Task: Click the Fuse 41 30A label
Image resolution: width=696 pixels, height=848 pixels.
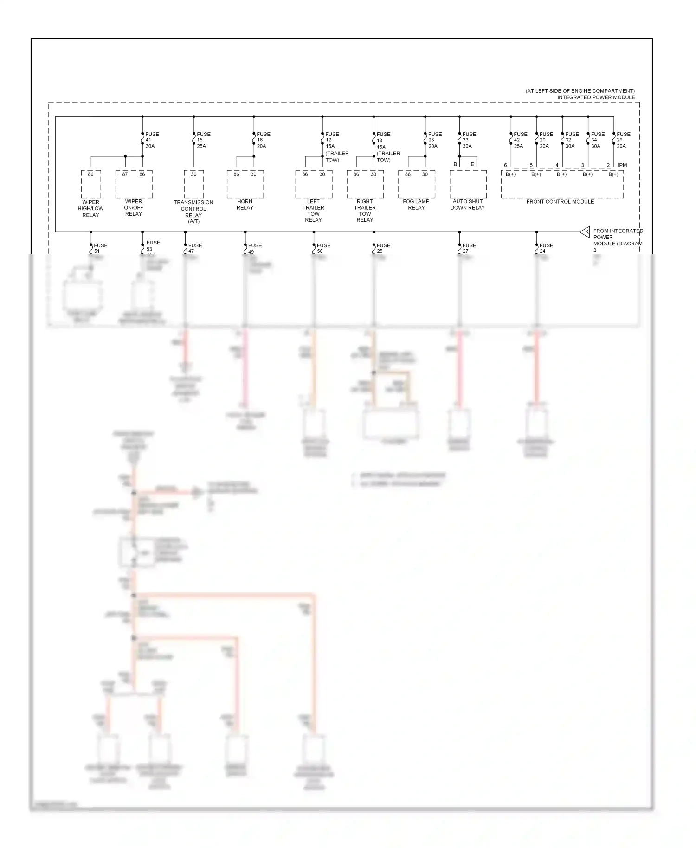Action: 152,140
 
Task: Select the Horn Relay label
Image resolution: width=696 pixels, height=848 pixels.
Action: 245,205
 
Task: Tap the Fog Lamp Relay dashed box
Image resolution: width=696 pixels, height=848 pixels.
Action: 416,184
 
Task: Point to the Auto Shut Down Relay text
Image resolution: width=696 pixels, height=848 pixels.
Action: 468,205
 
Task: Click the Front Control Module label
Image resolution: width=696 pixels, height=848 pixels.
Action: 560,202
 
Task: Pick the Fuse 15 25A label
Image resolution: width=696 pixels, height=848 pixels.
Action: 203,140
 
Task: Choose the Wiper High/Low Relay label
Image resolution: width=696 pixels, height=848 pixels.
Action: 90,209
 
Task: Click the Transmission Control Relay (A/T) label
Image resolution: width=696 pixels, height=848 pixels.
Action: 193,212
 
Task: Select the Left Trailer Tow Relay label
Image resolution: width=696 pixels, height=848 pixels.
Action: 313,211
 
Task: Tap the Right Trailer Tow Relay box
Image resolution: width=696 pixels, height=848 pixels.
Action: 365,184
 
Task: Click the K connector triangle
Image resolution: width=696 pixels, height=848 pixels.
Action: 585,231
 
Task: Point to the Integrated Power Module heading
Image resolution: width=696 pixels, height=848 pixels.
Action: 596,97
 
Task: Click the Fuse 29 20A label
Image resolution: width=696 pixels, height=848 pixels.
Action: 623,140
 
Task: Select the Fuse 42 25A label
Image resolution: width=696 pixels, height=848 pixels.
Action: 520,140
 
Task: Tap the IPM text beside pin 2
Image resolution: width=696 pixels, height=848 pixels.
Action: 622,165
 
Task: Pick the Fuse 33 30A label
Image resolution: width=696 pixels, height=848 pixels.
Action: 469,140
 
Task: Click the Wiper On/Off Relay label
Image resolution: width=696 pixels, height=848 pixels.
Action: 134,208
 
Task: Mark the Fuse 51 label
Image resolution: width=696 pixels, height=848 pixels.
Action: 100,248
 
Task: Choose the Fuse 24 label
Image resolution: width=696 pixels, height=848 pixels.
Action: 546,248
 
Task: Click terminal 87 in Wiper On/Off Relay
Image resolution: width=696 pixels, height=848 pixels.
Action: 125,174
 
